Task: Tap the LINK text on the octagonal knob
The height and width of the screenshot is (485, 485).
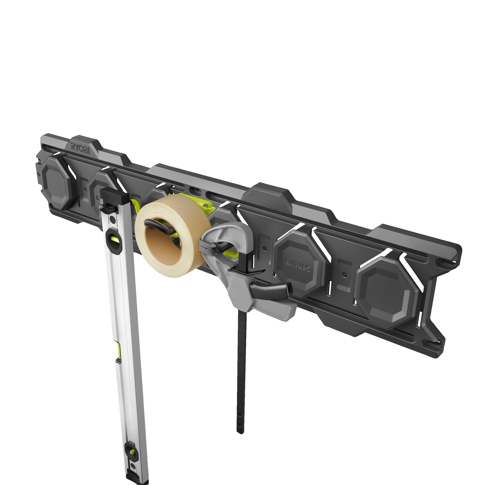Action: click(298, 265)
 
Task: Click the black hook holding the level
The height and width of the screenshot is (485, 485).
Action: click(107, 207)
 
